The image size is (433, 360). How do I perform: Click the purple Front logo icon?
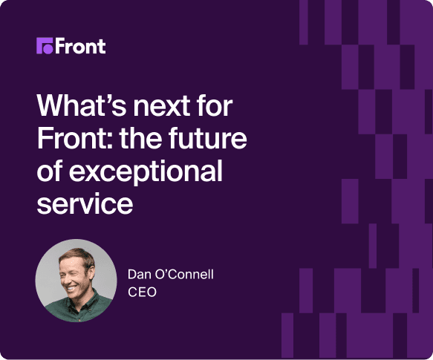click(45, 46)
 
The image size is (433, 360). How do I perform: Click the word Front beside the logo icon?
click(81, 46)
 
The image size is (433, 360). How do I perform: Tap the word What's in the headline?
click(82, 105)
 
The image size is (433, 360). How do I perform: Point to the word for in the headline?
click(215, 105)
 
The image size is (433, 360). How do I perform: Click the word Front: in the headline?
click(75, 138)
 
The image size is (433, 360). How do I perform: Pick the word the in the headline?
click(141, 138)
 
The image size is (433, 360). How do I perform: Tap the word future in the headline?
click(208, 138)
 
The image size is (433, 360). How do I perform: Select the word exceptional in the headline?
click(146, 171)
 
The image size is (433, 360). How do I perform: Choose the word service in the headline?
click(85, 203)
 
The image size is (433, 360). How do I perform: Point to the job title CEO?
click(142, 292)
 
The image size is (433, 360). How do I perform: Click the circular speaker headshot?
click(76, 281)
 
